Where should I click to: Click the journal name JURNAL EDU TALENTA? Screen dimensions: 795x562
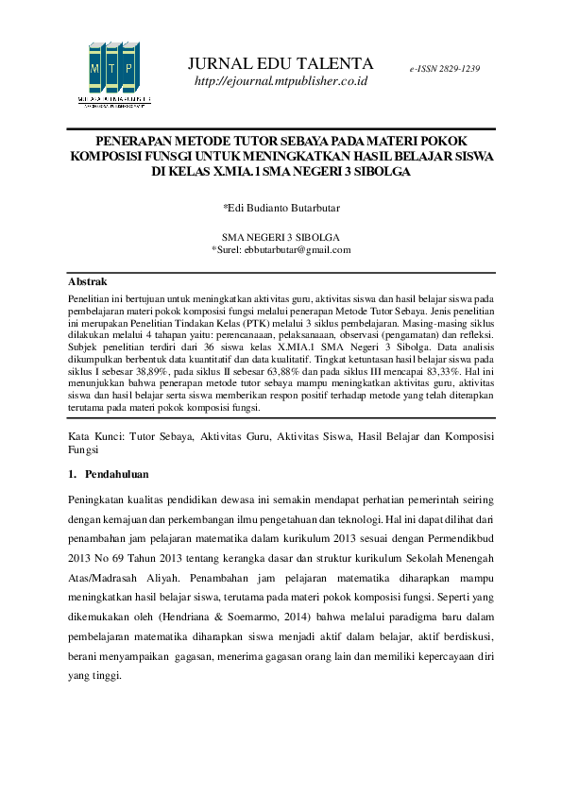pyautogui.click(x=281, y=64)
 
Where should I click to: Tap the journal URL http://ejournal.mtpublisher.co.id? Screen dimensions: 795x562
pyautogui.click(x=281, y=82)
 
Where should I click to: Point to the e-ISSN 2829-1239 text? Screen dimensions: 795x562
pyautogui.click(x=445, y=70)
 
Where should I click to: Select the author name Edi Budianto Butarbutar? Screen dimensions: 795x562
pyautogui.click(x=282, y=207)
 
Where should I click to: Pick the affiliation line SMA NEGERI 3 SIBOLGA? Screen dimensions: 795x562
pyautogui.click(x=281, y=237)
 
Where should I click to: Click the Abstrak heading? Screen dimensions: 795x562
pyautogui.click(x=87, y=282)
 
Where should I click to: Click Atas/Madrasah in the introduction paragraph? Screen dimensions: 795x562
pyautogui.click(x=112, y=574)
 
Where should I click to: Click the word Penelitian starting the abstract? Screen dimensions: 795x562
pyautogui.click(x=92, y=296)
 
